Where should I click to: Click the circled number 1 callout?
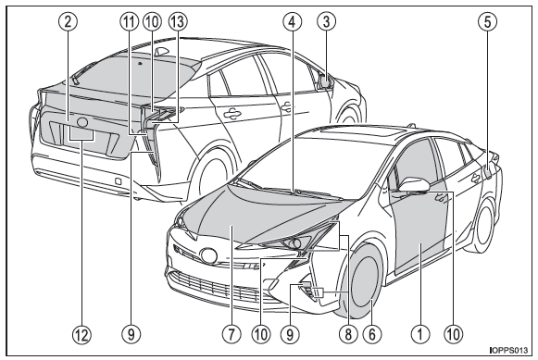(419, 333)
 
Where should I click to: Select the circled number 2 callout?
(68, 21)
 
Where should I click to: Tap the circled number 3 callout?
(326, 21)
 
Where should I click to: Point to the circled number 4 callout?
(293, 21)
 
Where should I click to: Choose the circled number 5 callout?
(487, 21)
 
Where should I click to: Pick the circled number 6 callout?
(372, 333)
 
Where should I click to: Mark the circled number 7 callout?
(231, 333)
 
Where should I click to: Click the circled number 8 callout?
(348, 333)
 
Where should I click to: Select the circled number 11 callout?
(130, 21)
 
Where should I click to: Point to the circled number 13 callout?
(178, 21)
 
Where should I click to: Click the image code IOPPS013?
(509, 350)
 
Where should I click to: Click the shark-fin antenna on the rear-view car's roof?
(162, 51)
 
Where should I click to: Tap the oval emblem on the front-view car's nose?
(208, 255)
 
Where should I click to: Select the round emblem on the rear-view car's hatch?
(82, 122)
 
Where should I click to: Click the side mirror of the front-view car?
(415, 184)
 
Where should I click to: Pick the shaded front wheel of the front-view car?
(363, 281)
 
